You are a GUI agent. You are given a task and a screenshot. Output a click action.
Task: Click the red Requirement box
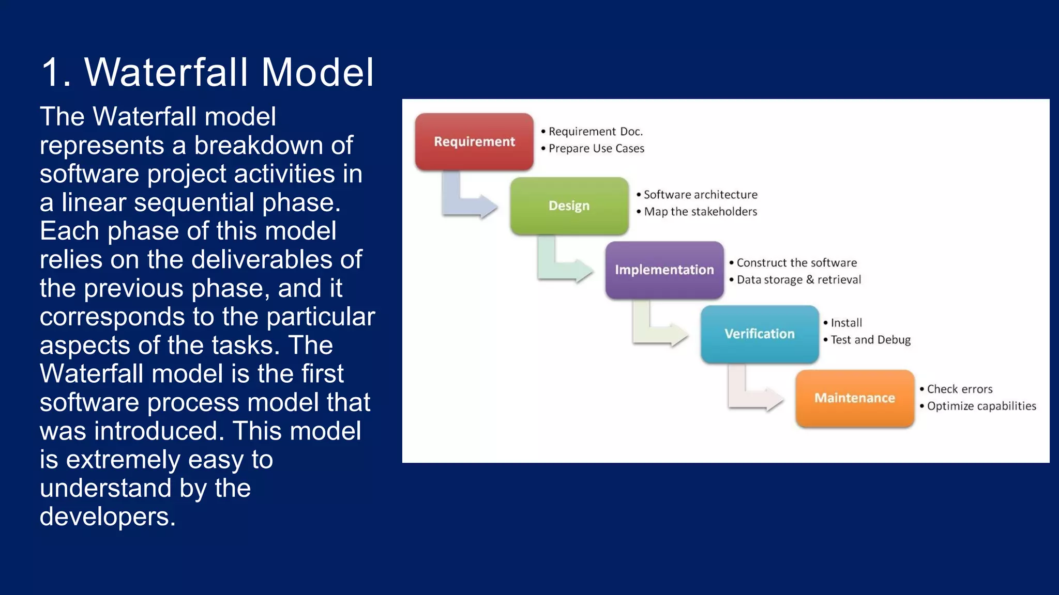tap(474, 142)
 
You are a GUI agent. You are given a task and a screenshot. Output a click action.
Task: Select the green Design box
tap(569, 206)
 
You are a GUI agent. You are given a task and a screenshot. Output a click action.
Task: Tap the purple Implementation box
tap(664, 270)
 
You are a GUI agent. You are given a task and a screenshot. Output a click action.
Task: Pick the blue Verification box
tap(760, 334)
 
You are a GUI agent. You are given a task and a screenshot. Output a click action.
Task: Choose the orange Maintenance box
tap(855, 398)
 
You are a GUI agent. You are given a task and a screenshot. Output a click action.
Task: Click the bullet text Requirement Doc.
tap(595, 132)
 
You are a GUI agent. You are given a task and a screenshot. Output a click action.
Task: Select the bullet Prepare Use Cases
tap(596, 149)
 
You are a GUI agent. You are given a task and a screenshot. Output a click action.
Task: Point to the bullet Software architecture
tap(700, 195)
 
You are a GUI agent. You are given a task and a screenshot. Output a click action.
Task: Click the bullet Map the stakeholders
tap(700, 212)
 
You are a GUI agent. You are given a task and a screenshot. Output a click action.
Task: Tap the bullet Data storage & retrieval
tap(798, 280)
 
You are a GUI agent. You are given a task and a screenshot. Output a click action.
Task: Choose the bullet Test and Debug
tap(870, 340)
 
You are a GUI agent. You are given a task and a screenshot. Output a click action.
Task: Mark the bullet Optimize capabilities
tap(981, 406)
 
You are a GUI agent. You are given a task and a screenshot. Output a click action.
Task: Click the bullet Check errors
tap(959, 389)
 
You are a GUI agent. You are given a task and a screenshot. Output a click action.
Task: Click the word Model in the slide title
tap(317, 72)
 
